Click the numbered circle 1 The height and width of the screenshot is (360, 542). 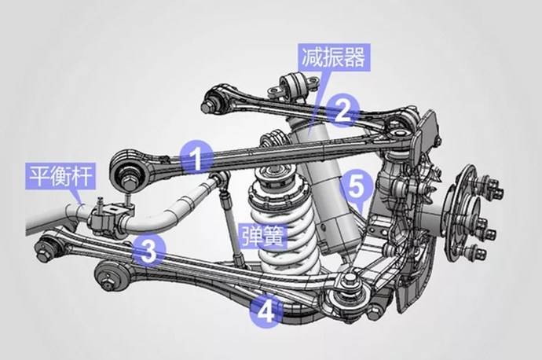(x=197, y=157)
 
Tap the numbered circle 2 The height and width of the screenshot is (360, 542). (x=342, y=110)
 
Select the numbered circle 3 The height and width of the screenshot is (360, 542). (x=149, y=252)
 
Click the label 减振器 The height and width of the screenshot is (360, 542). (x=334, y=57)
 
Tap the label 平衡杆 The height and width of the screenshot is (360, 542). (x=61, y=176)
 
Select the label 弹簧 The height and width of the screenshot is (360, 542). (x=262, y=236)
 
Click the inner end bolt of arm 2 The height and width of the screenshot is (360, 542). (x=208, y=104)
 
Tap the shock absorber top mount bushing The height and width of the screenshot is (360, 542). (x=294, y=85)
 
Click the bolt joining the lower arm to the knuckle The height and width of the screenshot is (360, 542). (x=350, y=278)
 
